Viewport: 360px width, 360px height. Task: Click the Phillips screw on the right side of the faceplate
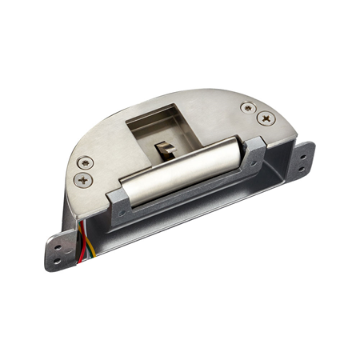coord(265,118)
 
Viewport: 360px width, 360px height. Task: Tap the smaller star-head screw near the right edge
coord(247,107)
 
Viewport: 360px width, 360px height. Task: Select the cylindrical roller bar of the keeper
coord(184,168)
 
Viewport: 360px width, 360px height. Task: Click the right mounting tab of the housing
coord(302,159)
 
